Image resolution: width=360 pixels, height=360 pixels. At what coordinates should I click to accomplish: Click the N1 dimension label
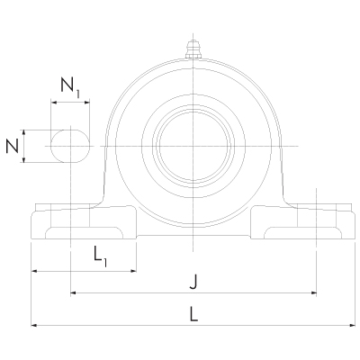(70, 86)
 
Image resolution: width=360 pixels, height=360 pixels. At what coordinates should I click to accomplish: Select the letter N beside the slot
(12, 146)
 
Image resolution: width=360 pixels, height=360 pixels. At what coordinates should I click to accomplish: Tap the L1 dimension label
(101, 256)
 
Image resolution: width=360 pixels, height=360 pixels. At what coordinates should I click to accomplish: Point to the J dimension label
(193, 283)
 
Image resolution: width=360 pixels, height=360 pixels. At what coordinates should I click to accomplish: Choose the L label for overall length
(193, 313)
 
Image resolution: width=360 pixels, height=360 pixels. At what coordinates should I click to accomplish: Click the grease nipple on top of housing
(193, 49)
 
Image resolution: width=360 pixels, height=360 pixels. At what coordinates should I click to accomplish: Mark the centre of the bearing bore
(193, 146)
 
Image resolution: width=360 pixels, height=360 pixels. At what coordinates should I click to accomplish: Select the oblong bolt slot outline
(70, 146)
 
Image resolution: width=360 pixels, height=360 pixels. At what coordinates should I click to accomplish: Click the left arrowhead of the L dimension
(34, 324)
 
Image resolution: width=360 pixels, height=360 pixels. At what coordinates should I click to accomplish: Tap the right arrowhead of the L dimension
(353, 324)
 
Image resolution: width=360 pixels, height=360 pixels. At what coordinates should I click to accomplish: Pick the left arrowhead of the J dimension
(73, 293)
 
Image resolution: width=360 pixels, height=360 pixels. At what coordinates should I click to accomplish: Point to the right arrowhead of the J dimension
(314, 293)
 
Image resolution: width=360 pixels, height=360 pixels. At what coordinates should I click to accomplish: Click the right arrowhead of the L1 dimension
(133, 269)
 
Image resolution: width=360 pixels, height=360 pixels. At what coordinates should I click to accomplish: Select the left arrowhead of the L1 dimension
(34, 269)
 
